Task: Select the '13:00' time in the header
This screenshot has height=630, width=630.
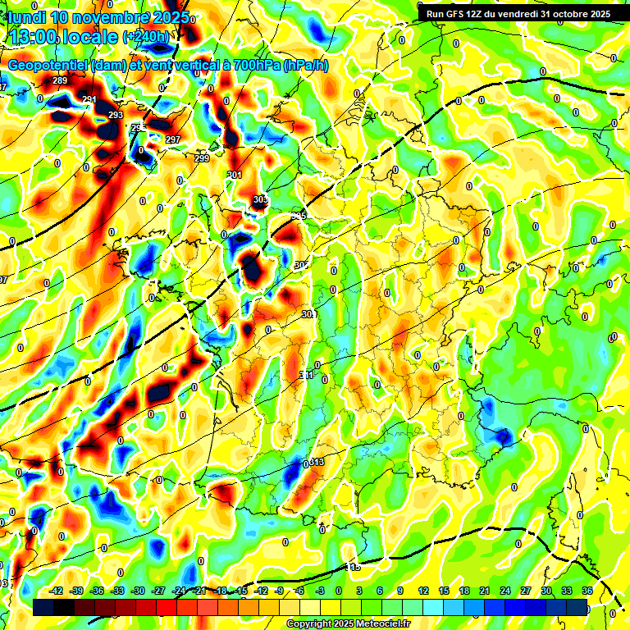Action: click(x=32, y=36)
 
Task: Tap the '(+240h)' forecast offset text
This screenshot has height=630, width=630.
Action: click(x=147, y=37)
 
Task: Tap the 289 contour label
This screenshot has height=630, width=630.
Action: click(x=60, y=80)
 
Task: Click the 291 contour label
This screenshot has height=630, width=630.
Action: click(x=89, y=99)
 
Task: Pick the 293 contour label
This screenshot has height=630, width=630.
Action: click(x=116, y=115)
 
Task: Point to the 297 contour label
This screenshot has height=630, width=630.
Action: click(x=172, y=139)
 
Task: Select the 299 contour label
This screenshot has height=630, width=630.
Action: click(x=202, y=157)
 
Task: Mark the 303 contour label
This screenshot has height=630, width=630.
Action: click(x=260, y=200)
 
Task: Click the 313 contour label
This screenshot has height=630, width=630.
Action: click(x=317, y=463)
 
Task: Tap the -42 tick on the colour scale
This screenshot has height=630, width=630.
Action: click(x=57, y=591)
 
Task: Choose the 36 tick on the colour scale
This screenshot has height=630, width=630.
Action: click(x=587, y=591)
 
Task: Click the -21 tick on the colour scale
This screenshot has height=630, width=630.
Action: click(x=199, y=591)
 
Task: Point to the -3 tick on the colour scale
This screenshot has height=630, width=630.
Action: click(x=321, y=591)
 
